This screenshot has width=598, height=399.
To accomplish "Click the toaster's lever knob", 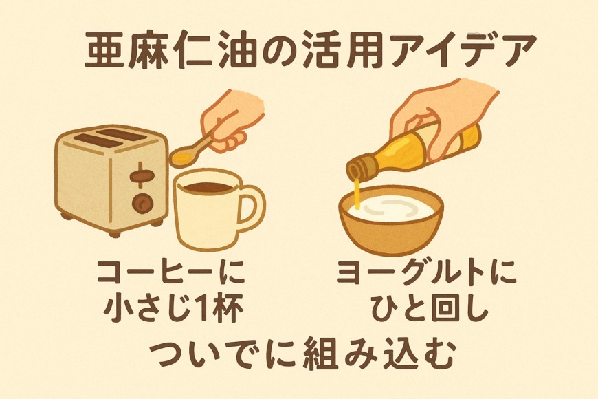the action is coord(142,176).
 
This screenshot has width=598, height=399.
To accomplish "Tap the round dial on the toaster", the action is coord(143,202).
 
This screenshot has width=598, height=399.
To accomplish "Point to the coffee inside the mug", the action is coord(207,187).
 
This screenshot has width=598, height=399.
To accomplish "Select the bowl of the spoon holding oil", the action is coord(182,157).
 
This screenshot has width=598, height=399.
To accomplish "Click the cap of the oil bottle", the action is coord(360,166).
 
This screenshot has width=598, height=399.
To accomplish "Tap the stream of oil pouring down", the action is coord(357,193).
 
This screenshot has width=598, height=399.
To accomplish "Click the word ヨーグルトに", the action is coord(427,272).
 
